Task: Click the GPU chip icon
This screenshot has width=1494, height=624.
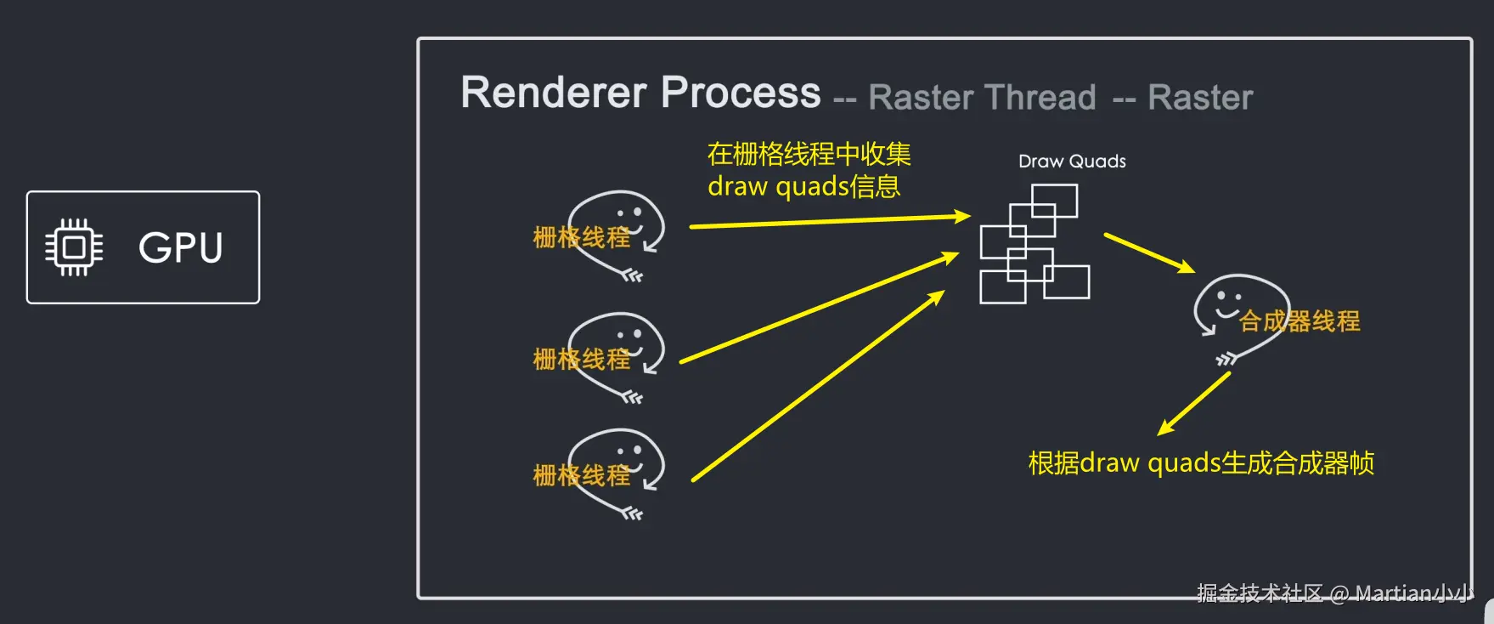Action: click(x=74, y=247)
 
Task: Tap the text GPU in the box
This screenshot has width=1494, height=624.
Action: click(x=181, y=248)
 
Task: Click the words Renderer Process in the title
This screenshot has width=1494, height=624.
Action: click(x=640, y=93)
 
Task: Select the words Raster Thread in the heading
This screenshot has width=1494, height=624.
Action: click(x=982, y=98)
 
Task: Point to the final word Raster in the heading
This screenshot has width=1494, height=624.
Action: click(x=1200, y=98)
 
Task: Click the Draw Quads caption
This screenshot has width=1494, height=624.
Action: click(x=1072, y=162)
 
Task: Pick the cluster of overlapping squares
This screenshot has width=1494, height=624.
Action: click(x=1034, y=245)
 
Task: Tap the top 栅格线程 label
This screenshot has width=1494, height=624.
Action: click(x=582, y=237)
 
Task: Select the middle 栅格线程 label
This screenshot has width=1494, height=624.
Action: click(x=582, y=360)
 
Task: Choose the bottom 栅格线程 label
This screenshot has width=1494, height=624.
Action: click(x=582, y=475)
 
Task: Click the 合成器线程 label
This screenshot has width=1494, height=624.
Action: click(x=1299, y=321)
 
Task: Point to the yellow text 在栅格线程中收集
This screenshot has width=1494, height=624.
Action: click(x=809, y=154)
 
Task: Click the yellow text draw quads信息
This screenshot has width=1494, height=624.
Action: click(x=803, y=186)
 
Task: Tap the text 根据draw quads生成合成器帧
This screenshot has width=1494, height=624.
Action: click(x=1201, y=463)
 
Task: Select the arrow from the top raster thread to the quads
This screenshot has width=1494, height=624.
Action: click(x=829, y=222)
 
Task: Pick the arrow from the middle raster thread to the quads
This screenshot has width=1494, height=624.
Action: click(x=819, y=309)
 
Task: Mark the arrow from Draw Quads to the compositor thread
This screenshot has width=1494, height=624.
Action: click(x=1149, y=253)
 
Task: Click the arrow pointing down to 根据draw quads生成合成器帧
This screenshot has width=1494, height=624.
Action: click(x=1194, y=404)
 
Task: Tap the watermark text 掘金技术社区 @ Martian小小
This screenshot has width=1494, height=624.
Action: click(x=1333, y=593)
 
